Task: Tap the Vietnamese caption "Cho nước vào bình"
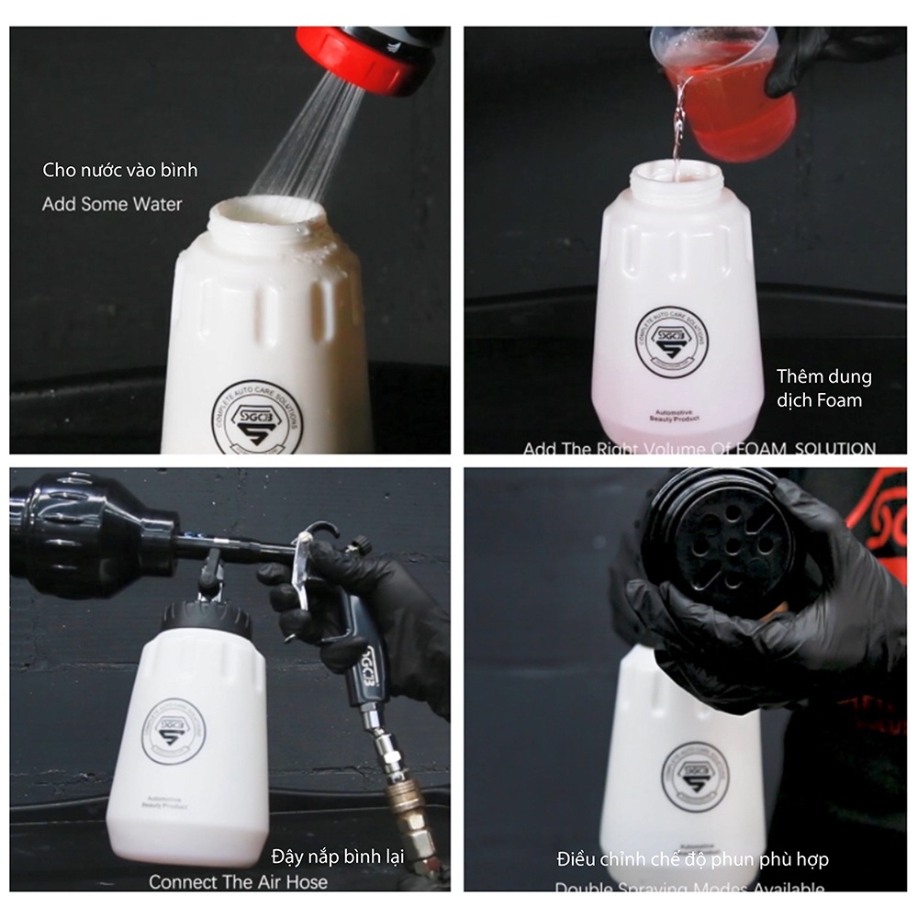point(120,170)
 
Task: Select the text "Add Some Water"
point(112,204)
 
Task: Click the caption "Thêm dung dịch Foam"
point(823,387)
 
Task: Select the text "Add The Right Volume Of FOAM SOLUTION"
point(699,448)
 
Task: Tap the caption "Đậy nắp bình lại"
point(338,856)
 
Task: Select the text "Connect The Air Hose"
point(238,881)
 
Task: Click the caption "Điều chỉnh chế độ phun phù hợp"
point(692,860)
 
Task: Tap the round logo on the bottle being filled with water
point(258,417)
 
